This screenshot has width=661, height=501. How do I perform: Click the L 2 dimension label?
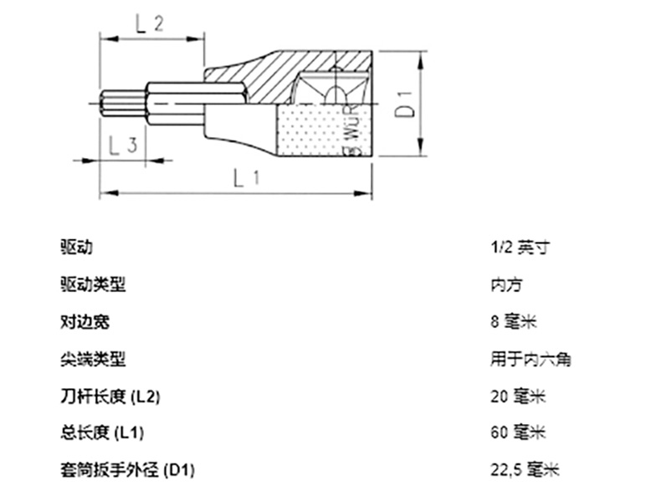click(148, 24)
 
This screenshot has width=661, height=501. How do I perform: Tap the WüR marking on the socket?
click(354, 130)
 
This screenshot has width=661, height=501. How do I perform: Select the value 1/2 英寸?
click(520, 248)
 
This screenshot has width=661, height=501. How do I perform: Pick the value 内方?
click(506, 285)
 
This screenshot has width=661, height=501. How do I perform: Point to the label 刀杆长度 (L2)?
click(110, 396)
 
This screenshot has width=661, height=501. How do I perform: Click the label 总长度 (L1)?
click(102, 432)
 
